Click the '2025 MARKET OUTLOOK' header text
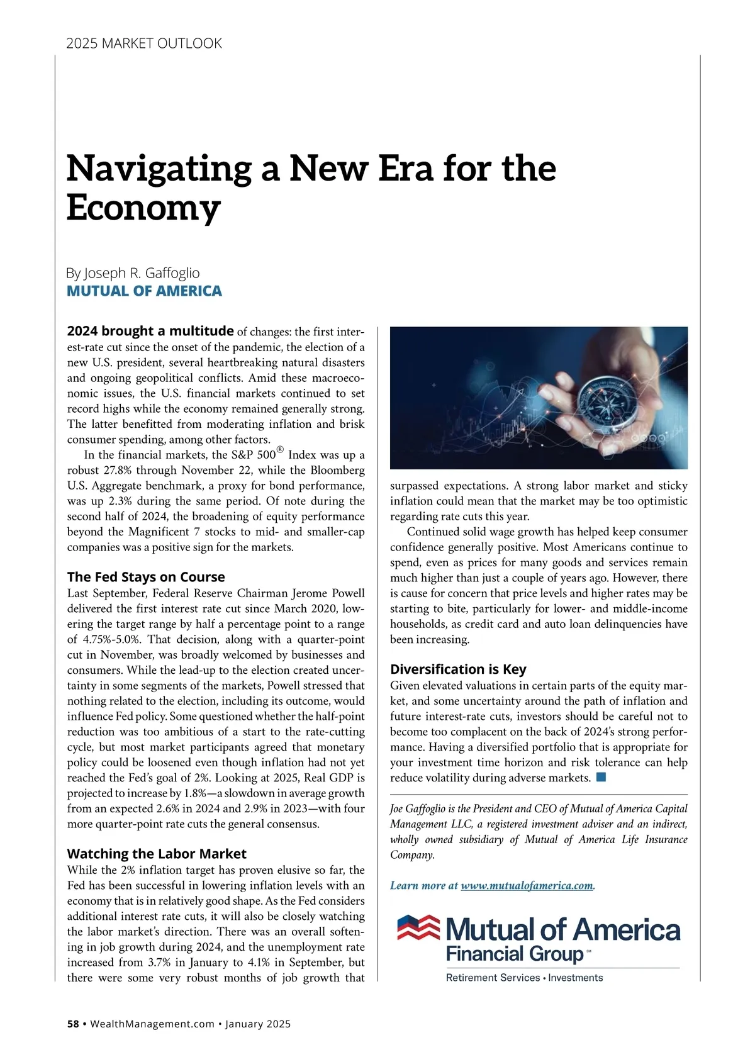click(x=144, y=43)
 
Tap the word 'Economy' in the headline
click(x=143, y=208)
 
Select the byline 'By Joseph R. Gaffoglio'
click(x=133, y=273)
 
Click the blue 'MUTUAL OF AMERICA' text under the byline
click(x=144, y=291)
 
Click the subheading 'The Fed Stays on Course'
click(x=145, y=577)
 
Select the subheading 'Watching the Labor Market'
click(x=157, y=854)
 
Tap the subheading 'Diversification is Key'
click(x=458, y=669)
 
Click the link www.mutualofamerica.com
click(x=527, y=885)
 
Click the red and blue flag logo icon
click(x=418, y=929)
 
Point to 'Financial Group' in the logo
click(x=515, y=954)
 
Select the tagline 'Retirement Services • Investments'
click(x=524, y=978)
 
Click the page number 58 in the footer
click(x=73, y=1024)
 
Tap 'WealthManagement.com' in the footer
click(x=152, y=1024)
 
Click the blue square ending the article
click(x=601, y=777)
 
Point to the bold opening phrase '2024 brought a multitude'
click(x=150, y=331)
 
